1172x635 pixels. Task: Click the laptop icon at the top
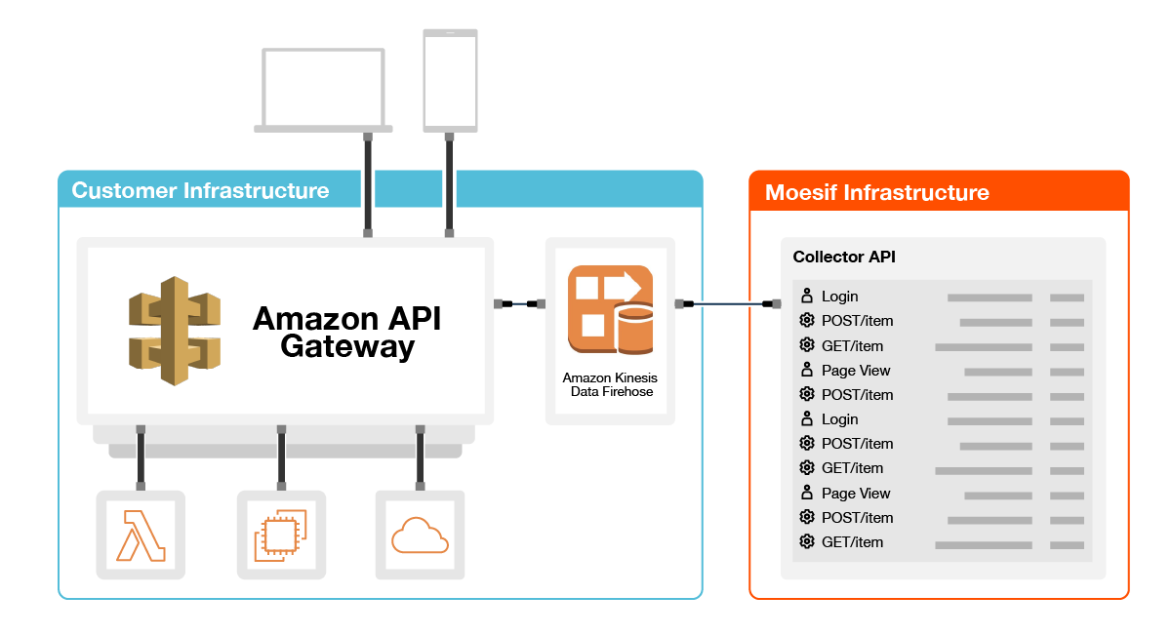pos(323,89)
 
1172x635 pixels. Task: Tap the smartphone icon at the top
pos(450,80)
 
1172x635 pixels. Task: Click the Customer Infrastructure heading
pos(201,190)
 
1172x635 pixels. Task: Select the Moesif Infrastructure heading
pos(876,192)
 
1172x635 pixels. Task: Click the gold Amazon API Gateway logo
pos(175,331)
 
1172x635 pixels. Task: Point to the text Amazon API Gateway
pos(346,332)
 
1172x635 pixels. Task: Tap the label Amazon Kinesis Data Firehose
pos(610,384)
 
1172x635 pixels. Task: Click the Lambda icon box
pos(141,535)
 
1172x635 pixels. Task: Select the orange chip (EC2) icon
pos(281,535)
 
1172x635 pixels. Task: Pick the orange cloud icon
pos(420,535)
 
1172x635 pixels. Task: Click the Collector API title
pos(844,258)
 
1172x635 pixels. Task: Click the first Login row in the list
pos(839,297)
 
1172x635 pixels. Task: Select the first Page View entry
pos(855,371)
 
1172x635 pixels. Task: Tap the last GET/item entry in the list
pos(852,542)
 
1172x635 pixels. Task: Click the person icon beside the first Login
pos(807,296)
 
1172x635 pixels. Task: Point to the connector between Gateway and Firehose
pos(519,304)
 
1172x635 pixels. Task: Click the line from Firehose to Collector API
pos(727,304)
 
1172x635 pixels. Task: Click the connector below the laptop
pos(367,185)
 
